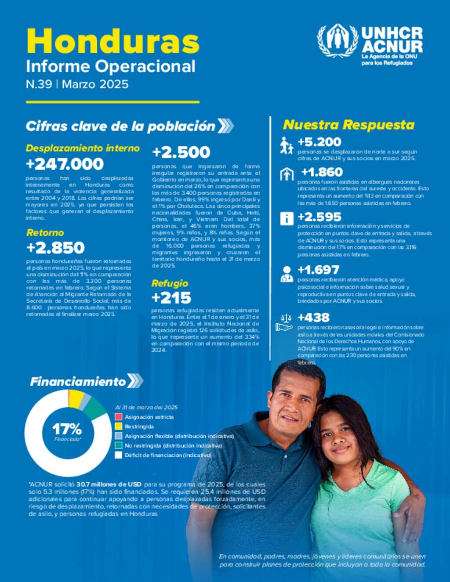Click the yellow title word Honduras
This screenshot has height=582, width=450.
[113, 41]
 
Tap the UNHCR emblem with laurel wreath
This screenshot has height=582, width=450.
[337, 41]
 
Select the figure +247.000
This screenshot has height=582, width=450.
[65, 164]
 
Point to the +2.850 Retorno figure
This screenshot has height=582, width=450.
[55, 248]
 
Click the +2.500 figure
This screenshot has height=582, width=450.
[181, 152]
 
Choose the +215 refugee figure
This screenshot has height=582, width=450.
[171, 298]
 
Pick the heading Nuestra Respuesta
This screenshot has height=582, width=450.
[348, 125]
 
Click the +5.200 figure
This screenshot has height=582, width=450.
[319, 142]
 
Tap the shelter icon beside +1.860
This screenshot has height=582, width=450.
[287, 174]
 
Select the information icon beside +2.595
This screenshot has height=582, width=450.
[287, 218]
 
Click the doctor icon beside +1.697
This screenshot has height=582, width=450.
[287, 274]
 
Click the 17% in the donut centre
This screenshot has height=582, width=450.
[67, 429]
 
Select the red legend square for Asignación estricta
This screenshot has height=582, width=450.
[118, 417]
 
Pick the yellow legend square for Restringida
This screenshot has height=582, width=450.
[118, 427]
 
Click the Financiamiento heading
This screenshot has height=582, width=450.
[78, 382]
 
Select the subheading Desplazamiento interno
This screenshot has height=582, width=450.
[83, 148]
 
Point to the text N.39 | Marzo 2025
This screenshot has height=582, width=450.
[77, 84]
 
